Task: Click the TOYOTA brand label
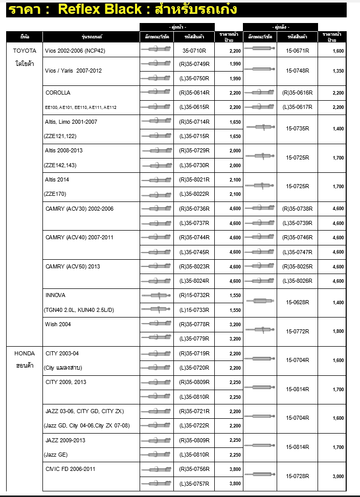click(x=25, y=51)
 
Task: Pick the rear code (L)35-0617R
click(x=297, y=107)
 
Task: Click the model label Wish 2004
click(x=58, y=324)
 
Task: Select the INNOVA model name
click(x=55, y=296)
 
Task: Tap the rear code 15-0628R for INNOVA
click(x=297, y=302)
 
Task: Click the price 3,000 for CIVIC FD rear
click(x=338, y=476)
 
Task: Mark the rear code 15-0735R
click(x=297, y=128)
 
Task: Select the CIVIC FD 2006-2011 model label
click(x=71, y=469)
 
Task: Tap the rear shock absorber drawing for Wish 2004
click(x=261, y=330)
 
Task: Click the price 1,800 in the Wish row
click(x=338, y=331)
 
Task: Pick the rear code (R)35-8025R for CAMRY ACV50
click(x=297, y=266)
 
